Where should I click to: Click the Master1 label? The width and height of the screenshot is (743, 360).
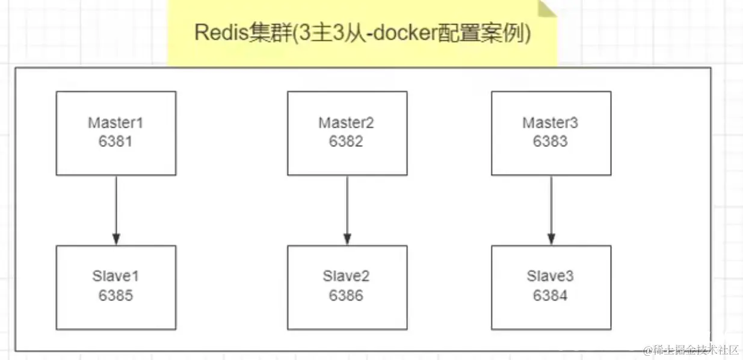[116, 123]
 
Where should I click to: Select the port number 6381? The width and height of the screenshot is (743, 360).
[116, 141]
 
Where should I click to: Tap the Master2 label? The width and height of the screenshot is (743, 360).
[346, 123]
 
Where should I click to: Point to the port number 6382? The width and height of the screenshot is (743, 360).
[346, 141]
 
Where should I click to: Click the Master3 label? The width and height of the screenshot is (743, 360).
[550, 123]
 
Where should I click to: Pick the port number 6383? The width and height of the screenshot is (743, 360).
[550, 141]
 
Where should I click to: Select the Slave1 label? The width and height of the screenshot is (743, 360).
[116, 276]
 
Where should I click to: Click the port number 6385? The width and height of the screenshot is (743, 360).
[116, 296]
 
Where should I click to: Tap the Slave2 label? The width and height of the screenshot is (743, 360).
[346, 276]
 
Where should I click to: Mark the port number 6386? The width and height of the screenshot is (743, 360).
[346, 296]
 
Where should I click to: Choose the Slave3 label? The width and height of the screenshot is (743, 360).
[550, 276]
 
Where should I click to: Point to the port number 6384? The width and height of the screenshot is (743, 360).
[550, 296]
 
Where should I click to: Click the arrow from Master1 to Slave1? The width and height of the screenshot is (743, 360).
[116, 210]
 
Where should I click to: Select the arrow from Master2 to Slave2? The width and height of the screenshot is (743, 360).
[347, 210]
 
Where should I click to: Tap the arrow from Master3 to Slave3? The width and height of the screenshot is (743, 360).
[551, 210]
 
